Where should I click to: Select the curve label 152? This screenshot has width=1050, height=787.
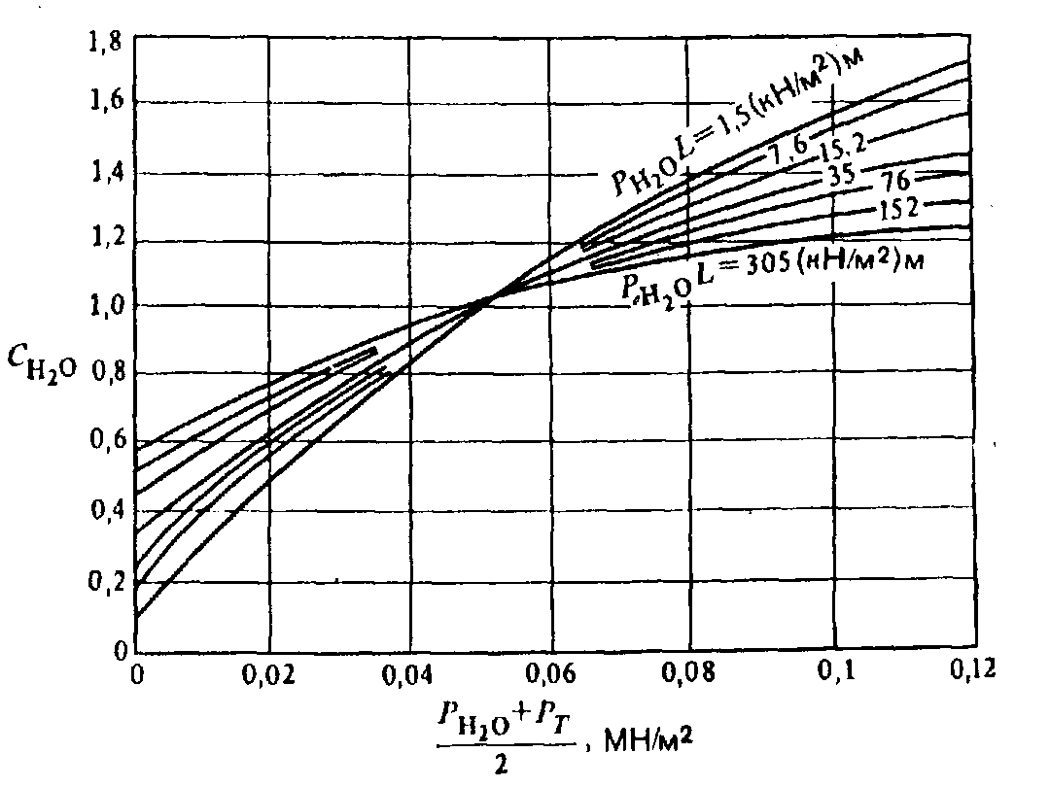coord(889,207)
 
